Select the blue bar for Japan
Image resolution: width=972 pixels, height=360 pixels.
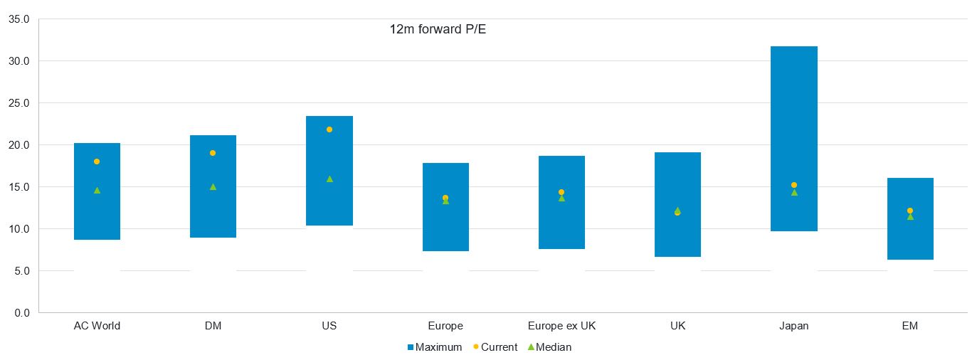coord(794,139)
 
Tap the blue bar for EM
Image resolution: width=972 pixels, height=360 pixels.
coord(910,218)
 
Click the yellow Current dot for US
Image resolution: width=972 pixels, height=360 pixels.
coord(329,129)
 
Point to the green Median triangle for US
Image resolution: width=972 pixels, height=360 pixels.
coord(329,179)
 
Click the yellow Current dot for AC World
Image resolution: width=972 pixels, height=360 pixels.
coord(97,162)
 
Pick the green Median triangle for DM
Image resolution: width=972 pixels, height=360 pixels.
coord(213,186)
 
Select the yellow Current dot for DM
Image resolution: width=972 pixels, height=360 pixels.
coord(213,153)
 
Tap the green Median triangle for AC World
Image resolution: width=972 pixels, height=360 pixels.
coord(97,190)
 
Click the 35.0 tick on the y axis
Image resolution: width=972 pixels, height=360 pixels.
coord(19,19)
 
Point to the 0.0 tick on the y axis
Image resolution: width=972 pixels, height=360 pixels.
coord(21,312)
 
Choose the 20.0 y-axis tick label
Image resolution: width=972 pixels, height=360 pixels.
coord(19,145)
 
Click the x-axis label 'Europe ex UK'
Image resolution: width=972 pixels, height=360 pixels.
coord(561,326)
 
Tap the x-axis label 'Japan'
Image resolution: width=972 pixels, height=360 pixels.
coord(794,326)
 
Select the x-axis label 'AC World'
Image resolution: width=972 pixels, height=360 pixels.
coord(97,326)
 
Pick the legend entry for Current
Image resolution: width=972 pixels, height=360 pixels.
coord(495,347)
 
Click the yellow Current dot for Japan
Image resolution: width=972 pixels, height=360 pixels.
coord(794,185)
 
